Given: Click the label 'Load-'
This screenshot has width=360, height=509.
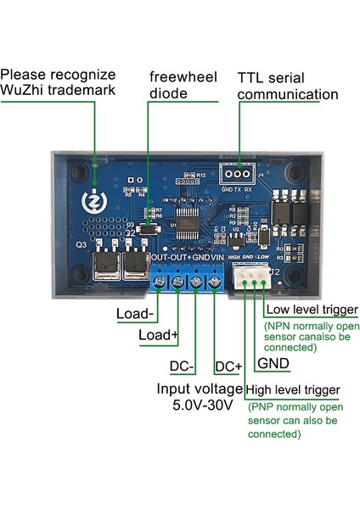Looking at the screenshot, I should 135,313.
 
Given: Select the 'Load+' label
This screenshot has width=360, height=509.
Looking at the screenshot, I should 159,336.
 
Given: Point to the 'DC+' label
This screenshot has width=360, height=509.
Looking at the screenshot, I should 228,367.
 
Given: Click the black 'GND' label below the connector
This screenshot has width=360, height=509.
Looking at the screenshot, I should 273,363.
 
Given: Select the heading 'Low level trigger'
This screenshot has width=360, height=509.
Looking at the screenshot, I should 312,310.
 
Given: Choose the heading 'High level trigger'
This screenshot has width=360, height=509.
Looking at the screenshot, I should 294,390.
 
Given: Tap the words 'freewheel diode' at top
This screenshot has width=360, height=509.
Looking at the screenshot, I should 177,83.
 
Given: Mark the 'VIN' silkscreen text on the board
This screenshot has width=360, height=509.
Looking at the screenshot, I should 217,256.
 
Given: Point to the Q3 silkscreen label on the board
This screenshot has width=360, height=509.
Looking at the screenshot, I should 82,244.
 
